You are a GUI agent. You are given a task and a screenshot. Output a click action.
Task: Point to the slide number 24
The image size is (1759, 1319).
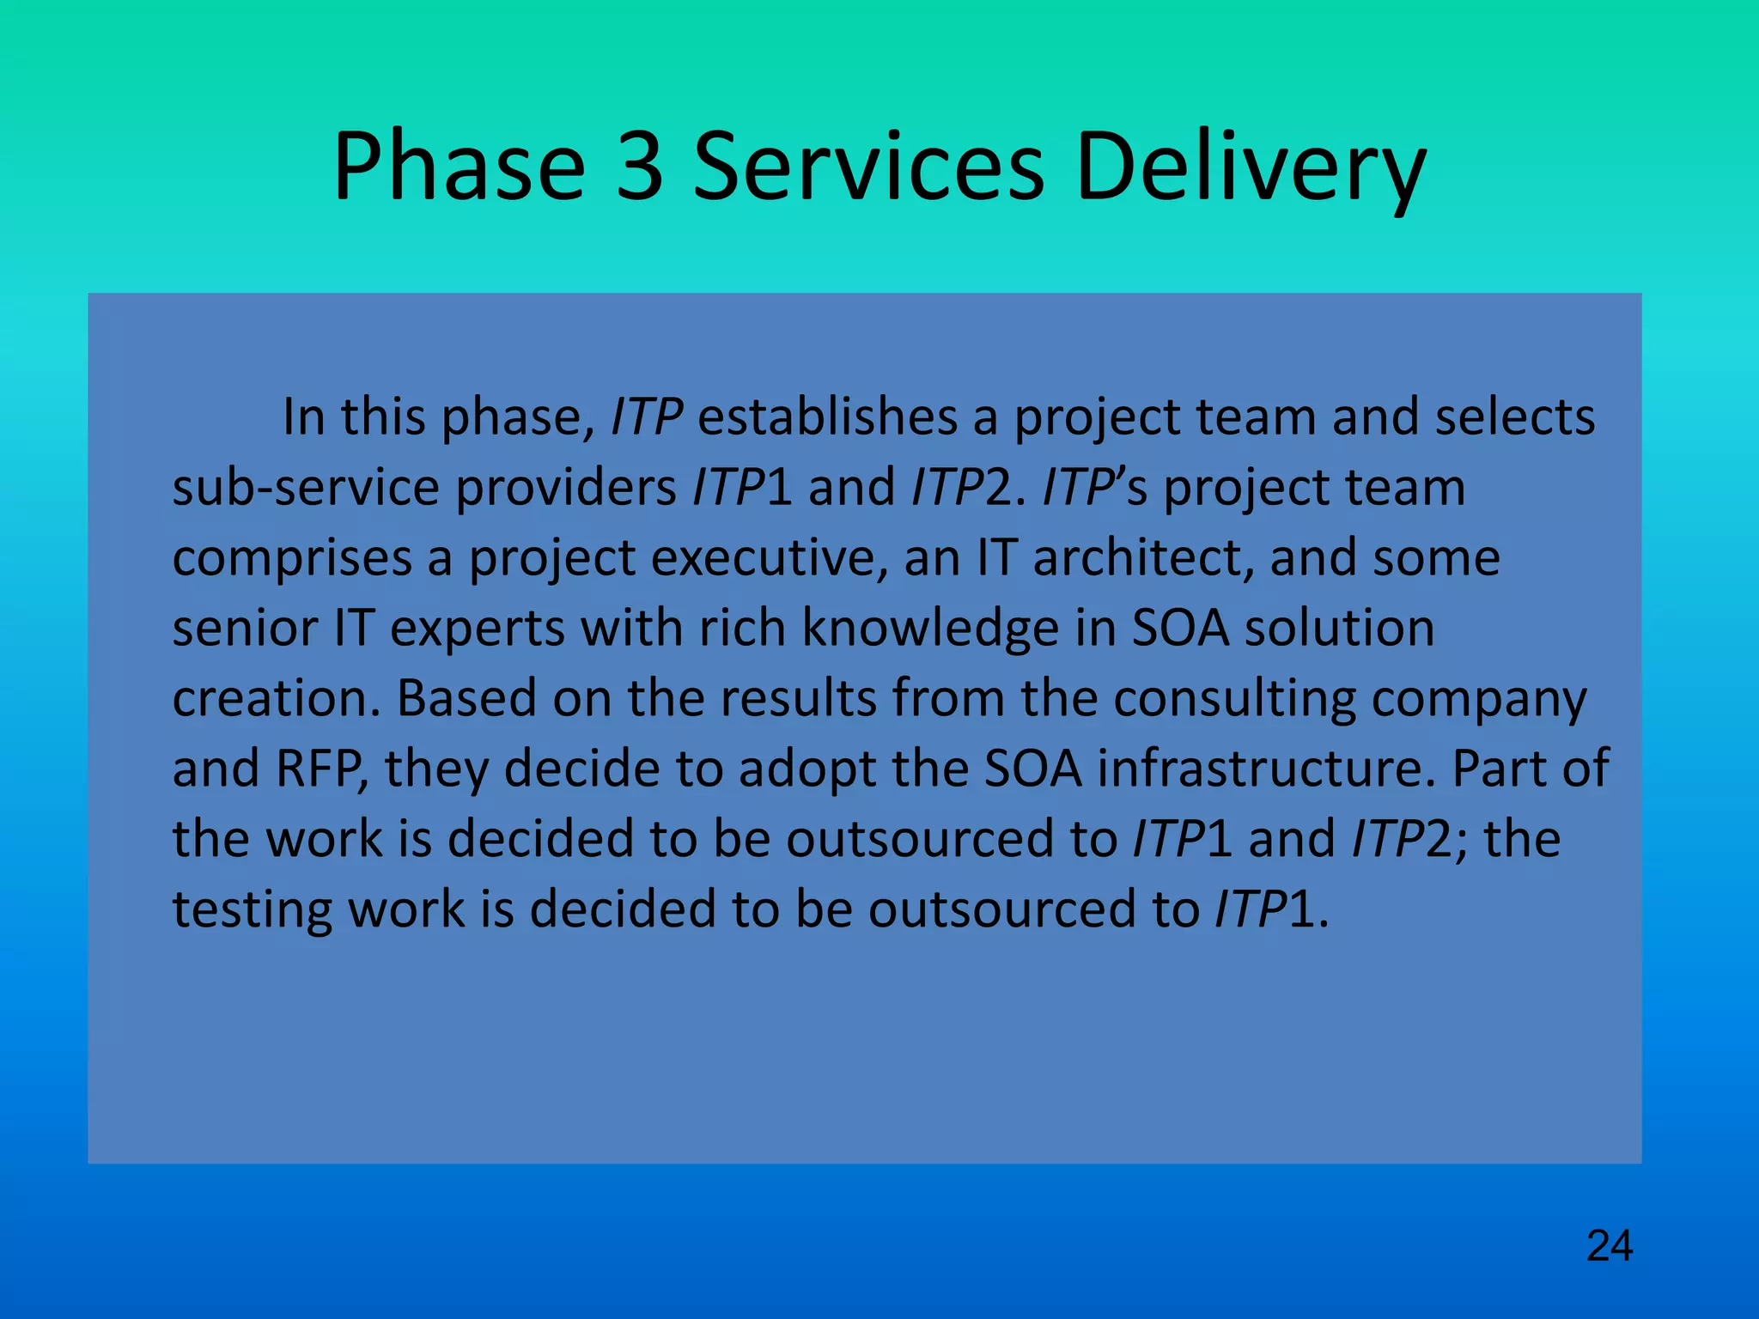coord(1609,1246)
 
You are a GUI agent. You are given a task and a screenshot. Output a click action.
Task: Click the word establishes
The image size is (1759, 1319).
coord(827,417)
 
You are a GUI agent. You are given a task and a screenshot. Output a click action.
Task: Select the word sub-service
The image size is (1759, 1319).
coord(306,488)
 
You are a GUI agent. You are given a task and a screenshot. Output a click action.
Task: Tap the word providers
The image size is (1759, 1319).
coord(566,488)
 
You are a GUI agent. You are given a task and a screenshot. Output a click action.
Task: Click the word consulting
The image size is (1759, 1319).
coord(1234,698)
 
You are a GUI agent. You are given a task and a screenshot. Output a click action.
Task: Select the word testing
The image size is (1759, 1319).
coord(253,909)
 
